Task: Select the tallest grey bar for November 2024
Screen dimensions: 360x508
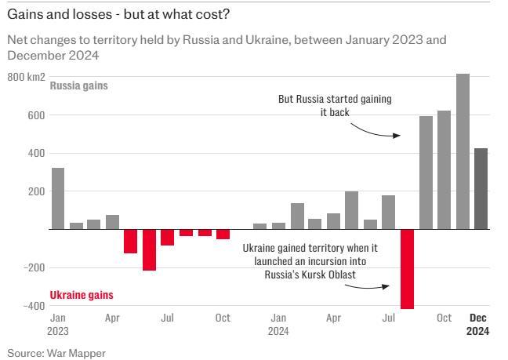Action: tap(463, 151)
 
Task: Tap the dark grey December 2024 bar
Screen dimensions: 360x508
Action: tap(481, 188)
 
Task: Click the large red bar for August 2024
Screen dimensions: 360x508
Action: tap(407, 268)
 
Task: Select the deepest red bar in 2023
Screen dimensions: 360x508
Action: tap(149, 249)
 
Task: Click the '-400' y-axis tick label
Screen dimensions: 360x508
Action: tap(31, 306)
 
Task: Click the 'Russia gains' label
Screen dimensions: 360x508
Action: tap(78, 85)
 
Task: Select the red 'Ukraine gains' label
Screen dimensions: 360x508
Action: tap(82, 295)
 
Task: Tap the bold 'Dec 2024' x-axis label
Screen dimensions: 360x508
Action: tap(478, 324)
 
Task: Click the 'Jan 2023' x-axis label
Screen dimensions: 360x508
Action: tap(59, 324)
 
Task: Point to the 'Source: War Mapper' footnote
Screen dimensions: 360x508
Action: tap(56, 353)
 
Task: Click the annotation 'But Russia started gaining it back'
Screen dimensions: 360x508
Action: tap(335, 106)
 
